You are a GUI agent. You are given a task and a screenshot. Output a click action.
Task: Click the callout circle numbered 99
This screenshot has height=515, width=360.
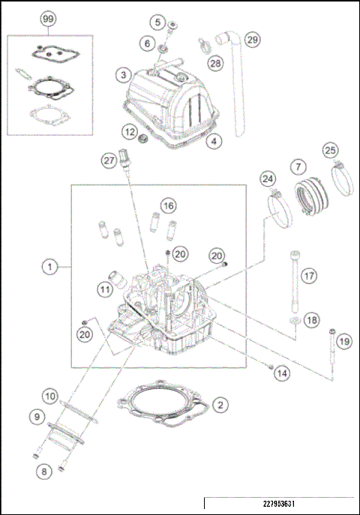point(49,17)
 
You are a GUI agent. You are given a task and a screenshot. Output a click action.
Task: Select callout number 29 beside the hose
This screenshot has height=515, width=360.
point(252,39)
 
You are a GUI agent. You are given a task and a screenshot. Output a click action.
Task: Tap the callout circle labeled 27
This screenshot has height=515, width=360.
point(109,159)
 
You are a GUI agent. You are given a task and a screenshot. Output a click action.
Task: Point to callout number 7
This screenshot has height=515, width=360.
point(298,165)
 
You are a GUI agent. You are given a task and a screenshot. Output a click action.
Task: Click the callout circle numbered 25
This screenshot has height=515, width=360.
point(330,151)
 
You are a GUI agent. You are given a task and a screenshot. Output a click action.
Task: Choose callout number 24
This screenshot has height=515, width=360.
point(268,178)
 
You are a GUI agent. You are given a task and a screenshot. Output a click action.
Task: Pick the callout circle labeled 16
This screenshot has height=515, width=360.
point(168,205)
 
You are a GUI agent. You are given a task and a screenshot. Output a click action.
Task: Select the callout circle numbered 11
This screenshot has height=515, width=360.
point(105,287)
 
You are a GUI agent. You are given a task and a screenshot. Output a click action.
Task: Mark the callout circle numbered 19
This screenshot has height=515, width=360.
point(343,342)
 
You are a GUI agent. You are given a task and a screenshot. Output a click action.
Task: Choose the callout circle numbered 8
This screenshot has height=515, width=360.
point(44,471)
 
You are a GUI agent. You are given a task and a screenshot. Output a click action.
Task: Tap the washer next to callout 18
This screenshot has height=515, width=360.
point(296,322)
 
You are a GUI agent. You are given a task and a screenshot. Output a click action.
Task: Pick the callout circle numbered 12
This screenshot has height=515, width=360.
point(130,132)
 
